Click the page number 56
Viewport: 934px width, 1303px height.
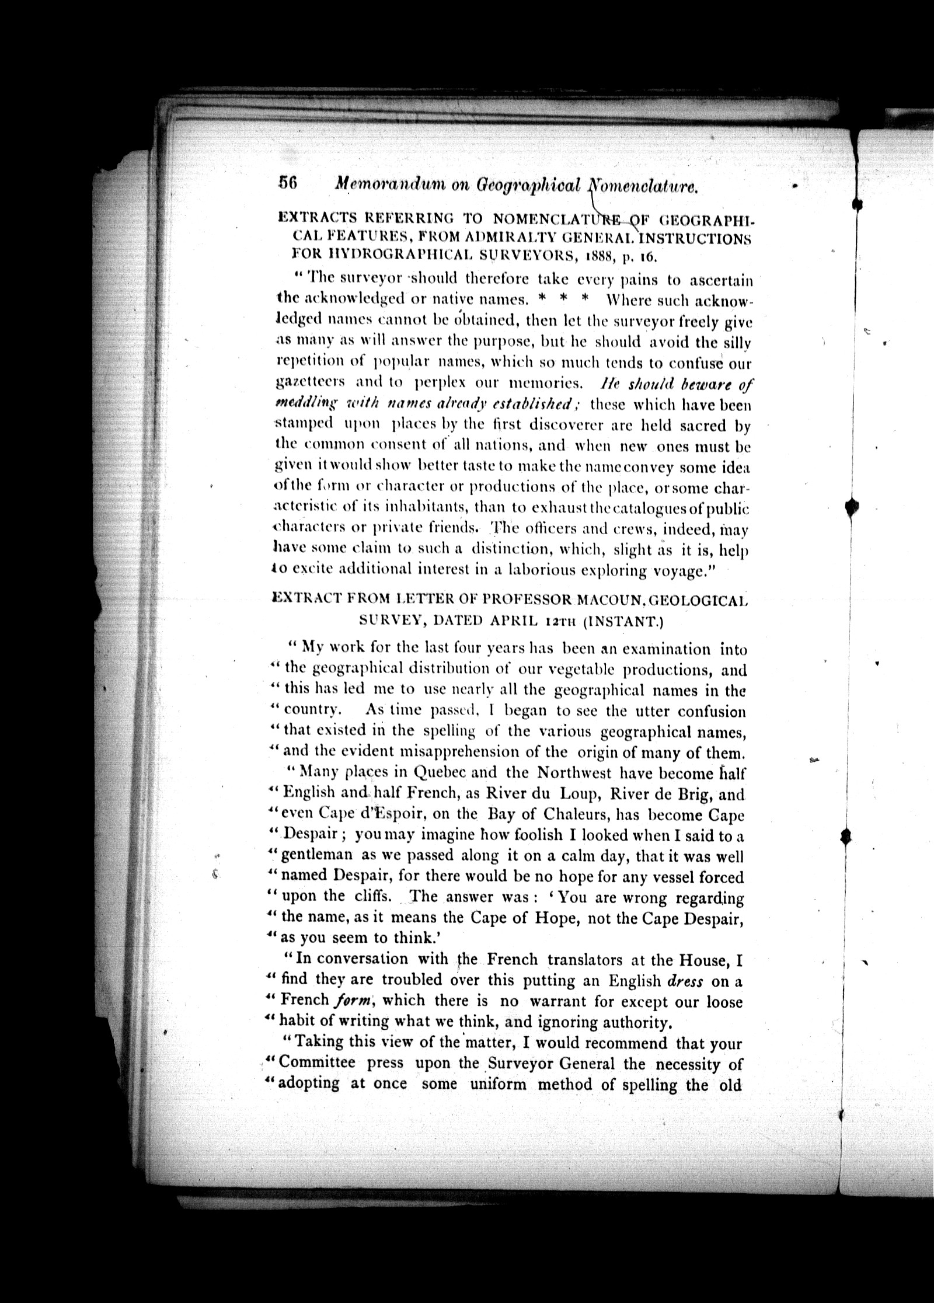pos(288,183)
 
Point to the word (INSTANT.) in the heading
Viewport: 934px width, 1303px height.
pos(622,621)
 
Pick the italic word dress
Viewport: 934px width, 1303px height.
pos(684,981)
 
